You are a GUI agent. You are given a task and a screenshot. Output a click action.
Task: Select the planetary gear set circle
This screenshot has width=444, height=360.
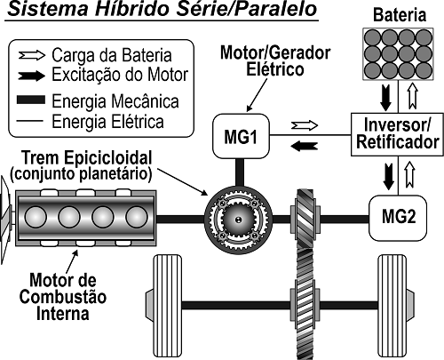tap(235, 218)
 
